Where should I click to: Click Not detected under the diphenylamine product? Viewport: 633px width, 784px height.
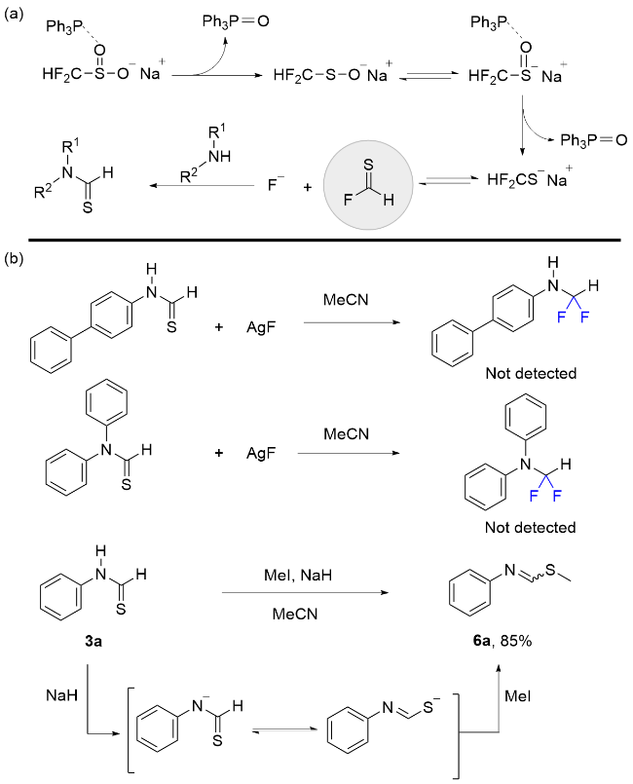coord(531,529)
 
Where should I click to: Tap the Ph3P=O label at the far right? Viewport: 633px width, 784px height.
coord(593,142)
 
